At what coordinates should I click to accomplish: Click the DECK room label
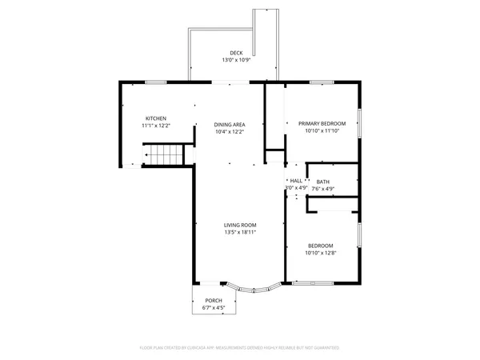pyautogui.click(x=236, y=53)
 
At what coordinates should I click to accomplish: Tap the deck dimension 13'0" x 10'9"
pyautogui.click(x=236, y=60)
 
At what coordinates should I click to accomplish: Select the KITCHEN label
pyautogui.click(x=155, y=118)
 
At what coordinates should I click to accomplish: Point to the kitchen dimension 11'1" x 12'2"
pyautogui.click(x=155, y=126)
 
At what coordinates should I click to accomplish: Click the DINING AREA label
pyautogui.click(x=229, y=125)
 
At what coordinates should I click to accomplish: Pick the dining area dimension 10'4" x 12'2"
pyautogui.click(x=229, y=132)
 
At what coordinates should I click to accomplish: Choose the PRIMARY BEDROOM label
pyautogui.click(x=322, y=124)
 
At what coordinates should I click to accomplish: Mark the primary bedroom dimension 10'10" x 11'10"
pyautogui.click(x=322, y=131)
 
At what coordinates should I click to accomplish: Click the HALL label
pyautogui.click(x=296, y=182)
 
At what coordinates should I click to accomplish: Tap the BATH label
pyautogui.click(x=322, y=182)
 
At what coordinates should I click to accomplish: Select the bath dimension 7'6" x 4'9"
pyautogui.click(x=322, y=190)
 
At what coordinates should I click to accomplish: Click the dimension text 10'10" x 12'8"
pyautogui.click(x=320, y=253)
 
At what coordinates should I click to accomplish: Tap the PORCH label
pyautogui.click(x=214, y=301)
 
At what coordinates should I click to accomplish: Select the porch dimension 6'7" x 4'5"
pyautogui.click(x=214, y=308)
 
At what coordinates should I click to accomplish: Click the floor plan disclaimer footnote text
pyautogui.click(x=239, y=348)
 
